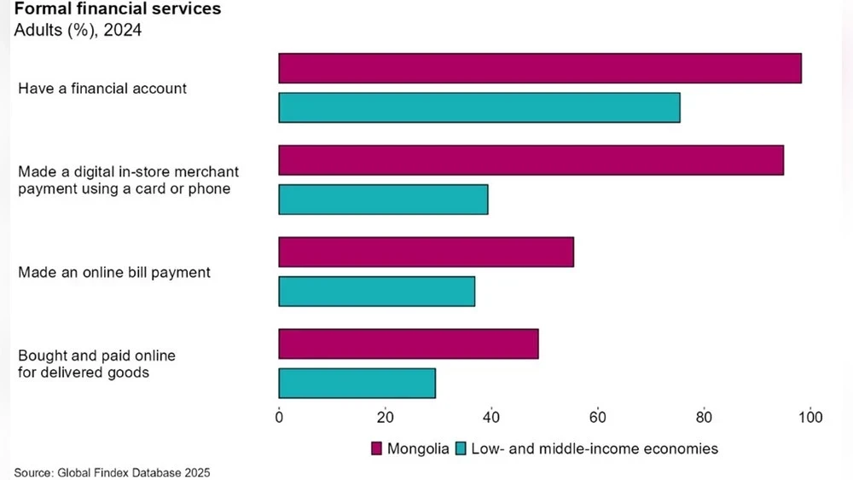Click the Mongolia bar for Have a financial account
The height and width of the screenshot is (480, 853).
(540, 68)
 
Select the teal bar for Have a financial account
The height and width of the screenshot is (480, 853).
(479, 107)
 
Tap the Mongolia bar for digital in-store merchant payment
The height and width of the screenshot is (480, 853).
(531, 160)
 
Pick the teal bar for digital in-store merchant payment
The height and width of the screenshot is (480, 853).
(383, 200)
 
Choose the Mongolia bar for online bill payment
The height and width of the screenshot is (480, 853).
(426, 252)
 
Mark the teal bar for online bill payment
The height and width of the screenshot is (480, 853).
(377, 292)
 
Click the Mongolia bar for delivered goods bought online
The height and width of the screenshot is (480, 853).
(409, 344)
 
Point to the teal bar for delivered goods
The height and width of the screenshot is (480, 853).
(357, 383)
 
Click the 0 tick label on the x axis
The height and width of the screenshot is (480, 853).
(279, 418)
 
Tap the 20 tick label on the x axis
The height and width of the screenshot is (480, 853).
(386, 418)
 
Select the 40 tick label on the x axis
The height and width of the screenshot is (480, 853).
(491, 418)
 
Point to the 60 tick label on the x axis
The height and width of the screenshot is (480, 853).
(598, 418)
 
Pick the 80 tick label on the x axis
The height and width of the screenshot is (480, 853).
(704, 418)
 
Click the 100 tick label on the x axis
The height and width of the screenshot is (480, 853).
(809, 418)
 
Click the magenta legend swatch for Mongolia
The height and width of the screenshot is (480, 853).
(376, 448)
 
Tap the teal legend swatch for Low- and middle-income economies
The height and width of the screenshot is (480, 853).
(461, 448)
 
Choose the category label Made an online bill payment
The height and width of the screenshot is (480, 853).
(114, 273)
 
